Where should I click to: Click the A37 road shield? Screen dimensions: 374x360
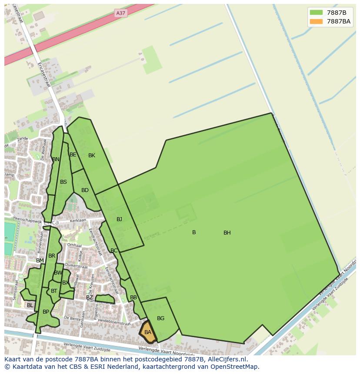[x=120, y=13]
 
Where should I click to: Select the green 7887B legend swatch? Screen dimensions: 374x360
[x=317, y=12]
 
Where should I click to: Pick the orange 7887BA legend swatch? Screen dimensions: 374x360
[x=317, y=21]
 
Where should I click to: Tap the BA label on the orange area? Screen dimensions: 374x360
[x=148, y=332]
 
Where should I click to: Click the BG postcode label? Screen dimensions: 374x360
[x=160, y=318]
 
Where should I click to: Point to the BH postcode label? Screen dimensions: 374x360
[x=227, y=233]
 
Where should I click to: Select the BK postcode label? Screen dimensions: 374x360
[x=92, y=156]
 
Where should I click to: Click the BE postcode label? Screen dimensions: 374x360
[x=73, y=155]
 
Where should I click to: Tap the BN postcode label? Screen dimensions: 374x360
[x=56, y=159]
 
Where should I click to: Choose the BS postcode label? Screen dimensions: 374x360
[x=63, y=182]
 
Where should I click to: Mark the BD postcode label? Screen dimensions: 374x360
[x=85, y=190]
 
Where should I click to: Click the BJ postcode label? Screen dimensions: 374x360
[x=119, y=219]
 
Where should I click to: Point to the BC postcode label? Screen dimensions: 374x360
[x=114, y=251]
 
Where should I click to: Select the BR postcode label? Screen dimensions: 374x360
[x=52, y=256]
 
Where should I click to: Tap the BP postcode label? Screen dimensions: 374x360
[x=46, y=312]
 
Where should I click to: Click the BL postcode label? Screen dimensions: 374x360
[x=30, y=305]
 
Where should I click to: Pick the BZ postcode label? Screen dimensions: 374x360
[x=89, y=298]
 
